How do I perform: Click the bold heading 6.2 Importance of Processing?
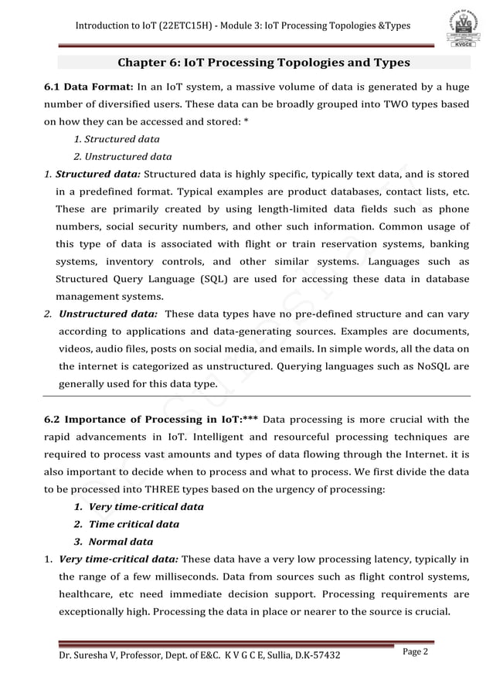pyautogui.click(x=143, y=420)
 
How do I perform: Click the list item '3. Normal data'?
pyautogui.click(x=114, y=541)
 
